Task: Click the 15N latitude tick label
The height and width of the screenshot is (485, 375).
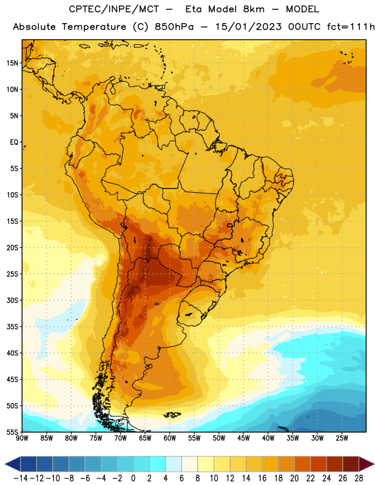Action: coord(12,63)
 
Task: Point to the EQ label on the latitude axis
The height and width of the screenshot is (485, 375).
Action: coord(14,142)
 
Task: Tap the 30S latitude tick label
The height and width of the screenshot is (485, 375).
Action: coord(12,300)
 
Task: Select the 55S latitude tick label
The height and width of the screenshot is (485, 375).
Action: coord(12,432)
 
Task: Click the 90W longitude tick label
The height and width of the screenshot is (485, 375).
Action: coord(22,438)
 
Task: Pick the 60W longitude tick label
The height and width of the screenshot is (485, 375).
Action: coord(170,438)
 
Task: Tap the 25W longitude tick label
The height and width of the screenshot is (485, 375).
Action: coord(342,438)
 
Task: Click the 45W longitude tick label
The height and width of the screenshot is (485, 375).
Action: coord(243,438)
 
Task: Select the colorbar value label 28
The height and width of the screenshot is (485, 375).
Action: coord(359,478)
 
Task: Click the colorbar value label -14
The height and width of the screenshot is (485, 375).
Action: coord(21,478)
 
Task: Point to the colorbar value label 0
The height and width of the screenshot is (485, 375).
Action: coord(133,478)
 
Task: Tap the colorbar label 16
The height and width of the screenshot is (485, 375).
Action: coord(262,478)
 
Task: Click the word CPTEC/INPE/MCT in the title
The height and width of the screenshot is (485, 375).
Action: coord(114,9)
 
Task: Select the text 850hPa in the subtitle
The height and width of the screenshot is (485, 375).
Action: coord(174,27)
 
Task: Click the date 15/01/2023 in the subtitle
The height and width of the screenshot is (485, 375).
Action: coord(249,27)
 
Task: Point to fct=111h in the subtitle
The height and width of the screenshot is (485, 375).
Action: coord(351,27)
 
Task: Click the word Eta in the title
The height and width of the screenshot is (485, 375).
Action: coord(194,9)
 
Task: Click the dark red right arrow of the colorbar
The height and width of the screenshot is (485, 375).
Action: coord(366,464)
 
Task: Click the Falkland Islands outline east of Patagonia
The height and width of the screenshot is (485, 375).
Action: coord(172,415)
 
